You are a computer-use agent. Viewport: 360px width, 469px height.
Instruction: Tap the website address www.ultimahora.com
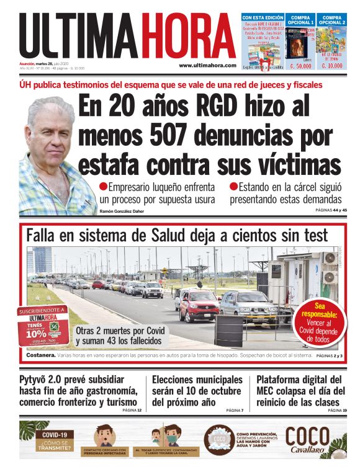click(x=207, y=65)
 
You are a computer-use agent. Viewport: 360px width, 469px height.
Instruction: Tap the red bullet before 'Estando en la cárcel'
click(x=234, y=186)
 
